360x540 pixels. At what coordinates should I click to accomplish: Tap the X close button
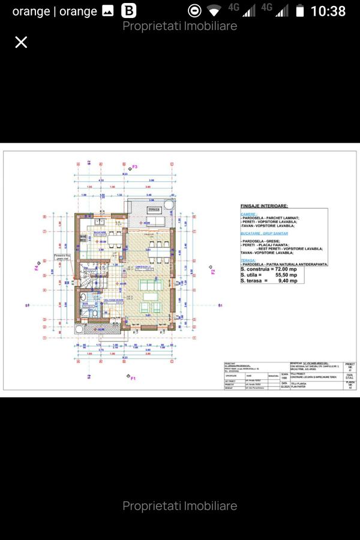pos(21,42)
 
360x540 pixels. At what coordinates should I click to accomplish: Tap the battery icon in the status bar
pos(299,11)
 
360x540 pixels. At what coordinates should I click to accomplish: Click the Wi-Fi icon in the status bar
pos(214,11)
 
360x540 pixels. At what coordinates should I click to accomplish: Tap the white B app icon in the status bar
pos(128,11)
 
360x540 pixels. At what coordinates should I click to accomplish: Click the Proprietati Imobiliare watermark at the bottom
pos(179,506)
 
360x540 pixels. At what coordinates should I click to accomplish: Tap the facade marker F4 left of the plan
pos(37,266)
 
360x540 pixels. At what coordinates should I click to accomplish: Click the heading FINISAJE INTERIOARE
pos(264,205)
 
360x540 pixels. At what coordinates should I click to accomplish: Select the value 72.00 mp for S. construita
pos(287,270)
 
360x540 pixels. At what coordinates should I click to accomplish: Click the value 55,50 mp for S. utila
pos(288,275)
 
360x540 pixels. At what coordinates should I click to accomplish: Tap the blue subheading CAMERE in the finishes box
pos(248,213)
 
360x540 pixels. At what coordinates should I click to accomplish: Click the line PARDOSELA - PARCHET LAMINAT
pos(270,218)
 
